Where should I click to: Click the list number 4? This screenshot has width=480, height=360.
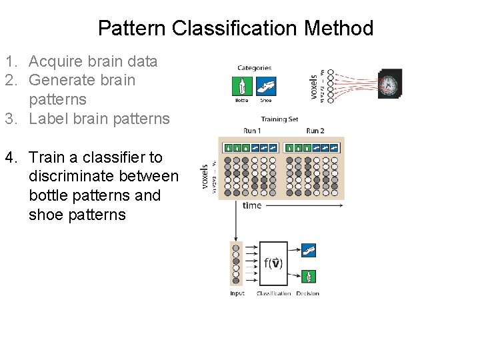point(10,157)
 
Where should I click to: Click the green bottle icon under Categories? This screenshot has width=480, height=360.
point(241,87)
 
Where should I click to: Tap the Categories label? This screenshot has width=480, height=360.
point(254,67)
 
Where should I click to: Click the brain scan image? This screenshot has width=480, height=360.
point(390,84)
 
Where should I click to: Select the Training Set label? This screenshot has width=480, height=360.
point(279,119)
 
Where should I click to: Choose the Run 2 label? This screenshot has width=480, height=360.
point(315,130)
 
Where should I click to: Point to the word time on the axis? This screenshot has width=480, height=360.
point(251,205)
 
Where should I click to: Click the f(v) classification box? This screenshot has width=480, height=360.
point(273,263)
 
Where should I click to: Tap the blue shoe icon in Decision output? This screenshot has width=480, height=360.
point(308,251)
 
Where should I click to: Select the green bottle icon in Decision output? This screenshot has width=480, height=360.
point(308,276)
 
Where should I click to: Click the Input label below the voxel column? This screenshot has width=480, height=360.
point(237,293)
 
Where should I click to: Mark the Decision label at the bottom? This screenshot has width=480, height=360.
point(307,293)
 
